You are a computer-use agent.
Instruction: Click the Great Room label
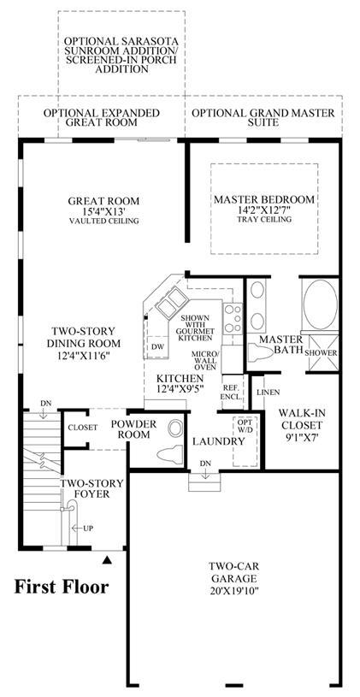pos(103,201)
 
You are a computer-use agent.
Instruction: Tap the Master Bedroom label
pos(264,199)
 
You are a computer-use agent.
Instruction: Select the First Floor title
pos(62,587)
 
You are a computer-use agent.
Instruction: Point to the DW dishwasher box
pos(156,346)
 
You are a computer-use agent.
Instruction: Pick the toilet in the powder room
pos(170,454)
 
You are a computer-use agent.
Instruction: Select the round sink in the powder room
pos(175,429)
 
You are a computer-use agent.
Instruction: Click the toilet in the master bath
pos(261,353)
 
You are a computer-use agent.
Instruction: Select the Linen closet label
pos(269,393)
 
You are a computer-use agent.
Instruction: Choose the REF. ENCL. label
pos(232,391)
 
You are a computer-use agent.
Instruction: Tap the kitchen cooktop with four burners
pos(233,318)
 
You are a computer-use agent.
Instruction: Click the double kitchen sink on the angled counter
pos(170,302)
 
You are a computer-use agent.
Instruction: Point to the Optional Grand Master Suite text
pos(263,117)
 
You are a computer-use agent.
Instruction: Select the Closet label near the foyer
pos(82,428)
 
